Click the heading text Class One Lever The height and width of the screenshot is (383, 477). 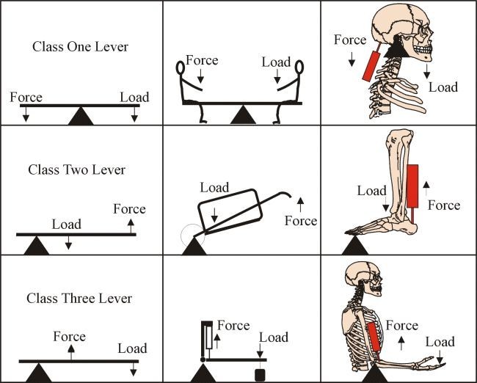pos(80,47)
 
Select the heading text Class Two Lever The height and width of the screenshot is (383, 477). pos(76,169)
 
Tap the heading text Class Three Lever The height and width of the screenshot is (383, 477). pos(79,299)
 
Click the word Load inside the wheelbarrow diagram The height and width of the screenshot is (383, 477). pos(214,189)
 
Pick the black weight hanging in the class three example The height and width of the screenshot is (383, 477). pos(258,376)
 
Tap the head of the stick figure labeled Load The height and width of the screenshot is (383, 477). pos(299,68)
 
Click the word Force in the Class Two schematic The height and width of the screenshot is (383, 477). pos(129,209)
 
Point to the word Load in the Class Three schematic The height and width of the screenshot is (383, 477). pos(132,349)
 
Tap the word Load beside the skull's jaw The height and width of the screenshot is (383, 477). pos(443,87)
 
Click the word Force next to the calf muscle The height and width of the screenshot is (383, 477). pos(443,205)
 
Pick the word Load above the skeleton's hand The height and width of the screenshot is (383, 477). pos(440,342)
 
